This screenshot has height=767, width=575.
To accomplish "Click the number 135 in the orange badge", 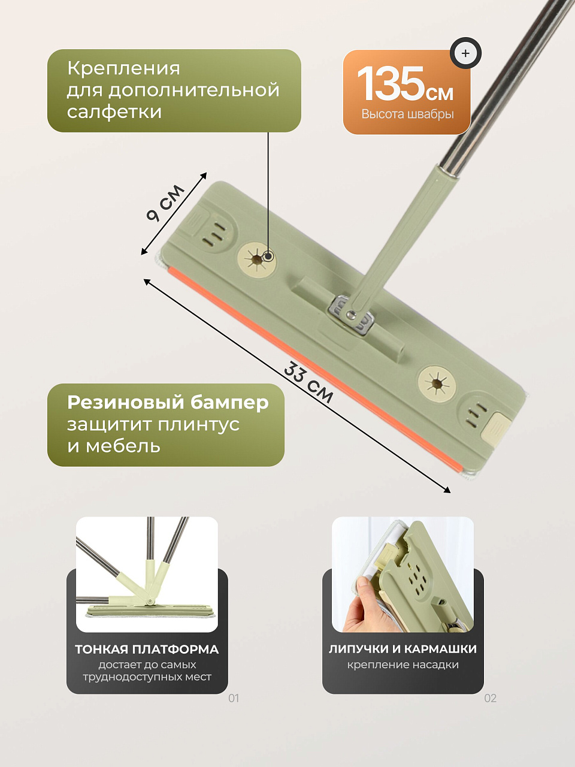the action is (x=390, y=84).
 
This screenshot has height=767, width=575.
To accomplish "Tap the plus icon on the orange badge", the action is (x=465, y=53).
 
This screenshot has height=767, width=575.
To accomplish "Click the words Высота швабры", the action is (x=407, y=114).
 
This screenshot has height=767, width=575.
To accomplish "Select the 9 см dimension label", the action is (x=165, y=203).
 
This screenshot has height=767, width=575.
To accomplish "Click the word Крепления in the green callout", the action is (x=123, y=68).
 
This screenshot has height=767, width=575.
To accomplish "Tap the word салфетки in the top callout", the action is (x=114, y=112).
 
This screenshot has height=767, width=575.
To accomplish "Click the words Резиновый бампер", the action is (x=168, y=403).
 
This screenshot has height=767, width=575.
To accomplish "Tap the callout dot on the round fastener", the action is (x=268, y=256).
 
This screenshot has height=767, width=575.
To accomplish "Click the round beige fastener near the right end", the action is (x=437, y=383).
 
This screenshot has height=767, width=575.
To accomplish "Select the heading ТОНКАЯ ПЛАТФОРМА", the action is (x=147, y=649).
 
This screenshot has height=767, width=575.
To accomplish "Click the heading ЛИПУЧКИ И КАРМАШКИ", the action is (x=402, y=649).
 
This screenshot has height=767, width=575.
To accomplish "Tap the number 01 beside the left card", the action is (x=234, y=698).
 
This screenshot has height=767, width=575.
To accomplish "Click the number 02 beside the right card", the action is (x=490, y=698).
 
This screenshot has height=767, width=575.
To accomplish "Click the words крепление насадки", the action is (x=403, y=665).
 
